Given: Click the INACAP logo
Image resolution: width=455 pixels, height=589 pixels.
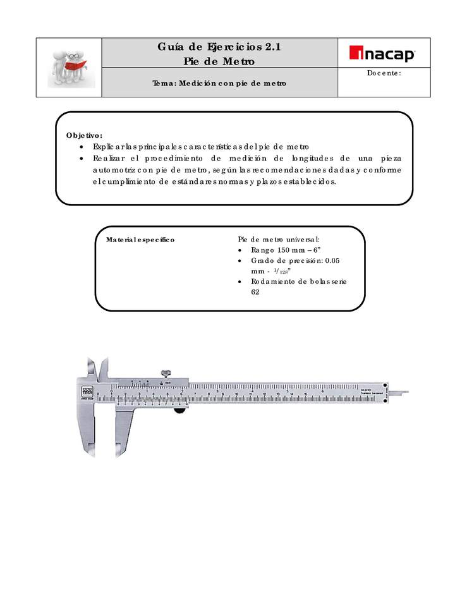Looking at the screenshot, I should click(x=383, y=54).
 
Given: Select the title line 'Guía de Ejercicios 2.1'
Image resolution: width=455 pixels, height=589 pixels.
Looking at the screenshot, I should click(x=219, y=47).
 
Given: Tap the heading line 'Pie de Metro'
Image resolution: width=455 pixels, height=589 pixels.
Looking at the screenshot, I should click(x=219, y=61).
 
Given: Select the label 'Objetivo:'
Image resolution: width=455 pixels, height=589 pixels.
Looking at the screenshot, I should click(x=83, y=135).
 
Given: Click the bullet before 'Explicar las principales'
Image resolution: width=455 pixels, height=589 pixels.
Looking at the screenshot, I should click(x=84, y=147).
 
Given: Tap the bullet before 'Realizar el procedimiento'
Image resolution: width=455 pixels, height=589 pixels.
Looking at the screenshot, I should click(x=84, y=158).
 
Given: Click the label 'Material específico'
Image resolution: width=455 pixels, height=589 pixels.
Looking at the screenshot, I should click(x=140, y=240).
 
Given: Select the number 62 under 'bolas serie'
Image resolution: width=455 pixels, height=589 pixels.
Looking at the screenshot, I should click(x=255, y=293).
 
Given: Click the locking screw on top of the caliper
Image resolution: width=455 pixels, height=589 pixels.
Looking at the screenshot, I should click(x=167, y=373).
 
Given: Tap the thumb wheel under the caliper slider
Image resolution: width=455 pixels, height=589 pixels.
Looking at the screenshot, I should click(x=180, y=411).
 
